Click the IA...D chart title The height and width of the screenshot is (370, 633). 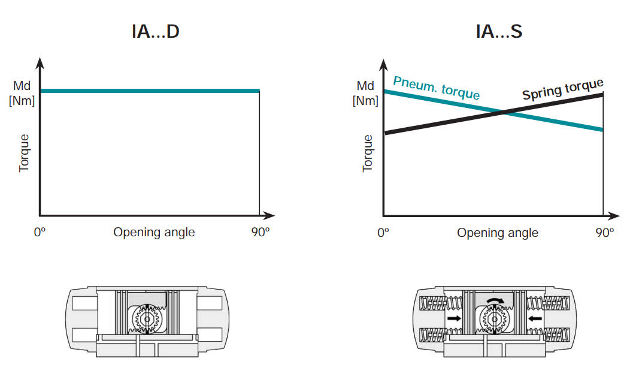tap(156, 32)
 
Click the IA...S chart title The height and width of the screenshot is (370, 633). tap(499, 32)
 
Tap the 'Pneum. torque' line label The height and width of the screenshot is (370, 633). tap(437, 88)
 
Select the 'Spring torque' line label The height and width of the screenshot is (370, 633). tap(563, 89)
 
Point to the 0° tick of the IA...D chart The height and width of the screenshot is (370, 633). tap(40, 232)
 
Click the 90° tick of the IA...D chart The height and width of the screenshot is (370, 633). tap(261, 232)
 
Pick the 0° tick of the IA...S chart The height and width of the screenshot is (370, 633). tap(383, 233)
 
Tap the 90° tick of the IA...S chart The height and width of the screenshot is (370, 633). tap(604, 233)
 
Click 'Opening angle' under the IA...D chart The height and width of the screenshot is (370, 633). tap(154, 233)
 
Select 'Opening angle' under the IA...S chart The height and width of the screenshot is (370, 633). tap(497, 233)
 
